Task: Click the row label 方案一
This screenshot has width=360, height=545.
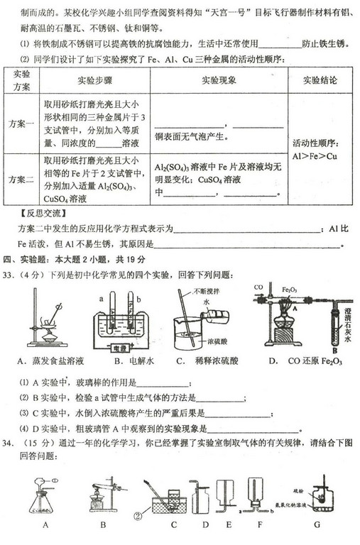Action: (x=21, y=123)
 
